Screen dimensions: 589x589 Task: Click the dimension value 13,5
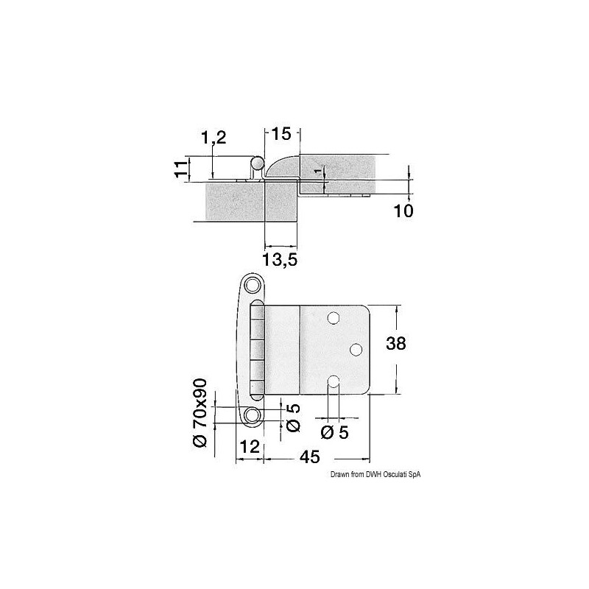pyautogui.click(x=280, y=259)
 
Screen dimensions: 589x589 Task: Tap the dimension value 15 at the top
pyautogui.click(x=281, y=134)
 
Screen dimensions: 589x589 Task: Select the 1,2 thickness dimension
pyautogui.click(x=214, y=138)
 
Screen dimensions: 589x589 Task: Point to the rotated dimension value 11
pyautogui.click(x=182, y=169)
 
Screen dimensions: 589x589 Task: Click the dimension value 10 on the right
pyautogui.click(x=403, y=211)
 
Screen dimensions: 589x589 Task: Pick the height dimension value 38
pyautogui.click(x=396, y=343)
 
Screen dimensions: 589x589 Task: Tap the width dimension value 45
pyautogui.click(x=310, y=456)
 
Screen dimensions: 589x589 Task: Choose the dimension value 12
pyautogui.click(x=250, y=447)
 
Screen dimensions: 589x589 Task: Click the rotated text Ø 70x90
pyautogui.click(x=200, y=413)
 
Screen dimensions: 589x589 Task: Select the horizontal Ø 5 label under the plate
pyautogui.click(x=335, y=432)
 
